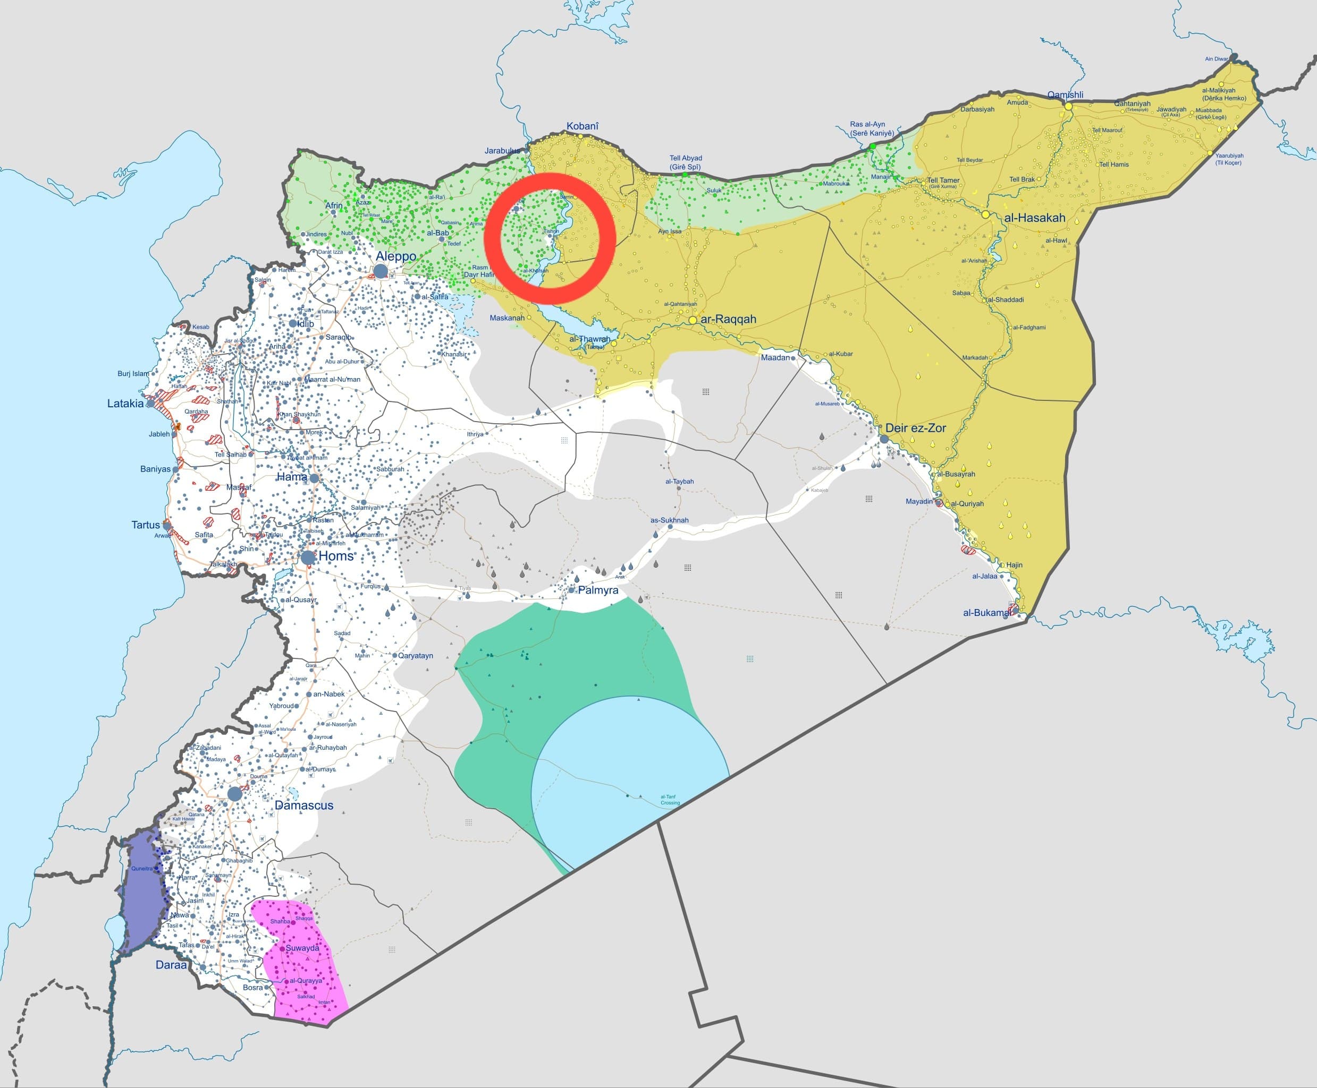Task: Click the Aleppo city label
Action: click(x=396, y=256)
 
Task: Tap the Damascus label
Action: click(x=303, y=806)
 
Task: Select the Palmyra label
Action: click(x=598, y=590)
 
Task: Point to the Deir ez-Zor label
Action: click(x=915, y=428)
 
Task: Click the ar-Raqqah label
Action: click(x=728, y=319)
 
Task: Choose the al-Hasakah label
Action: click(x=1034, y=218)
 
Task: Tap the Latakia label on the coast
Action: click(x=125, y=404)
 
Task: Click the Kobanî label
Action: click(x=582, y=126)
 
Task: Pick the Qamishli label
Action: click(x=1065, y=95)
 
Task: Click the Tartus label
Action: click(x=146, y=525)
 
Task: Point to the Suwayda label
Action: click(x=302, y=948)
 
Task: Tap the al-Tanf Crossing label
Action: click(x=669, y=800)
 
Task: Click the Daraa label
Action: click(x=171, y=964)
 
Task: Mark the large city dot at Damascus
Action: click(x=234, y=794)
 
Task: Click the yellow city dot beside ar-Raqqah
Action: click(x=693, y=320)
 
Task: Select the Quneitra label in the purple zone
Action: click(x=142, y=869)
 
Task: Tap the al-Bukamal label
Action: click(x=986, y=612)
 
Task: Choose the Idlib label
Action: click(x=306, y=323)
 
